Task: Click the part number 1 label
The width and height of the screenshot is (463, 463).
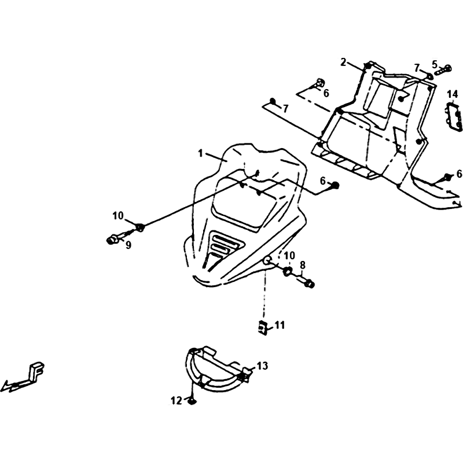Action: [x=200, y=154]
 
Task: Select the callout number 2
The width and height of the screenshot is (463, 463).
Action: [x=343, y=62]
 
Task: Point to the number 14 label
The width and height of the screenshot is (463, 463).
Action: [x=452, y=94]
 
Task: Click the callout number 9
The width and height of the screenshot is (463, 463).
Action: [x=128, y=245]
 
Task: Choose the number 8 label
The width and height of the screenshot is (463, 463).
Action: [x=302, y=266]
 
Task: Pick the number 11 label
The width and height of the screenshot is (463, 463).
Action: [x=280, y=326]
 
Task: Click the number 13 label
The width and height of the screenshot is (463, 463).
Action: [x=263, y=366]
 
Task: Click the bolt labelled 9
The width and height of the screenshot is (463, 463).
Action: [x=113, y=238]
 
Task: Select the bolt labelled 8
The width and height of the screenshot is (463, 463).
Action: [x=306, y=282]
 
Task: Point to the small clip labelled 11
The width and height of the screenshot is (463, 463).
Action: [x=264, y=328]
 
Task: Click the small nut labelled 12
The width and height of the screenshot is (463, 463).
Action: [x=192, y=400]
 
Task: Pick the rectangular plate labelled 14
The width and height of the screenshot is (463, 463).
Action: [x=455, y=116]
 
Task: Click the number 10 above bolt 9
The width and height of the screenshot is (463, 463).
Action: [x=118, y=216]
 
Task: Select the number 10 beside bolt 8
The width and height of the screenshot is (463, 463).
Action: [x=289, y=255]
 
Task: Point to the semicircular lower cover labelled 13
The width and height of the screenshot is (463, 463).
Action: [x=214, y=370]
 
